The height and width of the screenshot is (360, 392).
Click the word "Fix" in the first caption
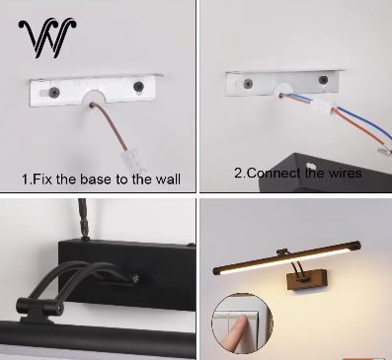coord(44,180)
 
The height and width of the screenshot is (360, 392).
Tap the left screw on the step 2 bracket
coord(241,86)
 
